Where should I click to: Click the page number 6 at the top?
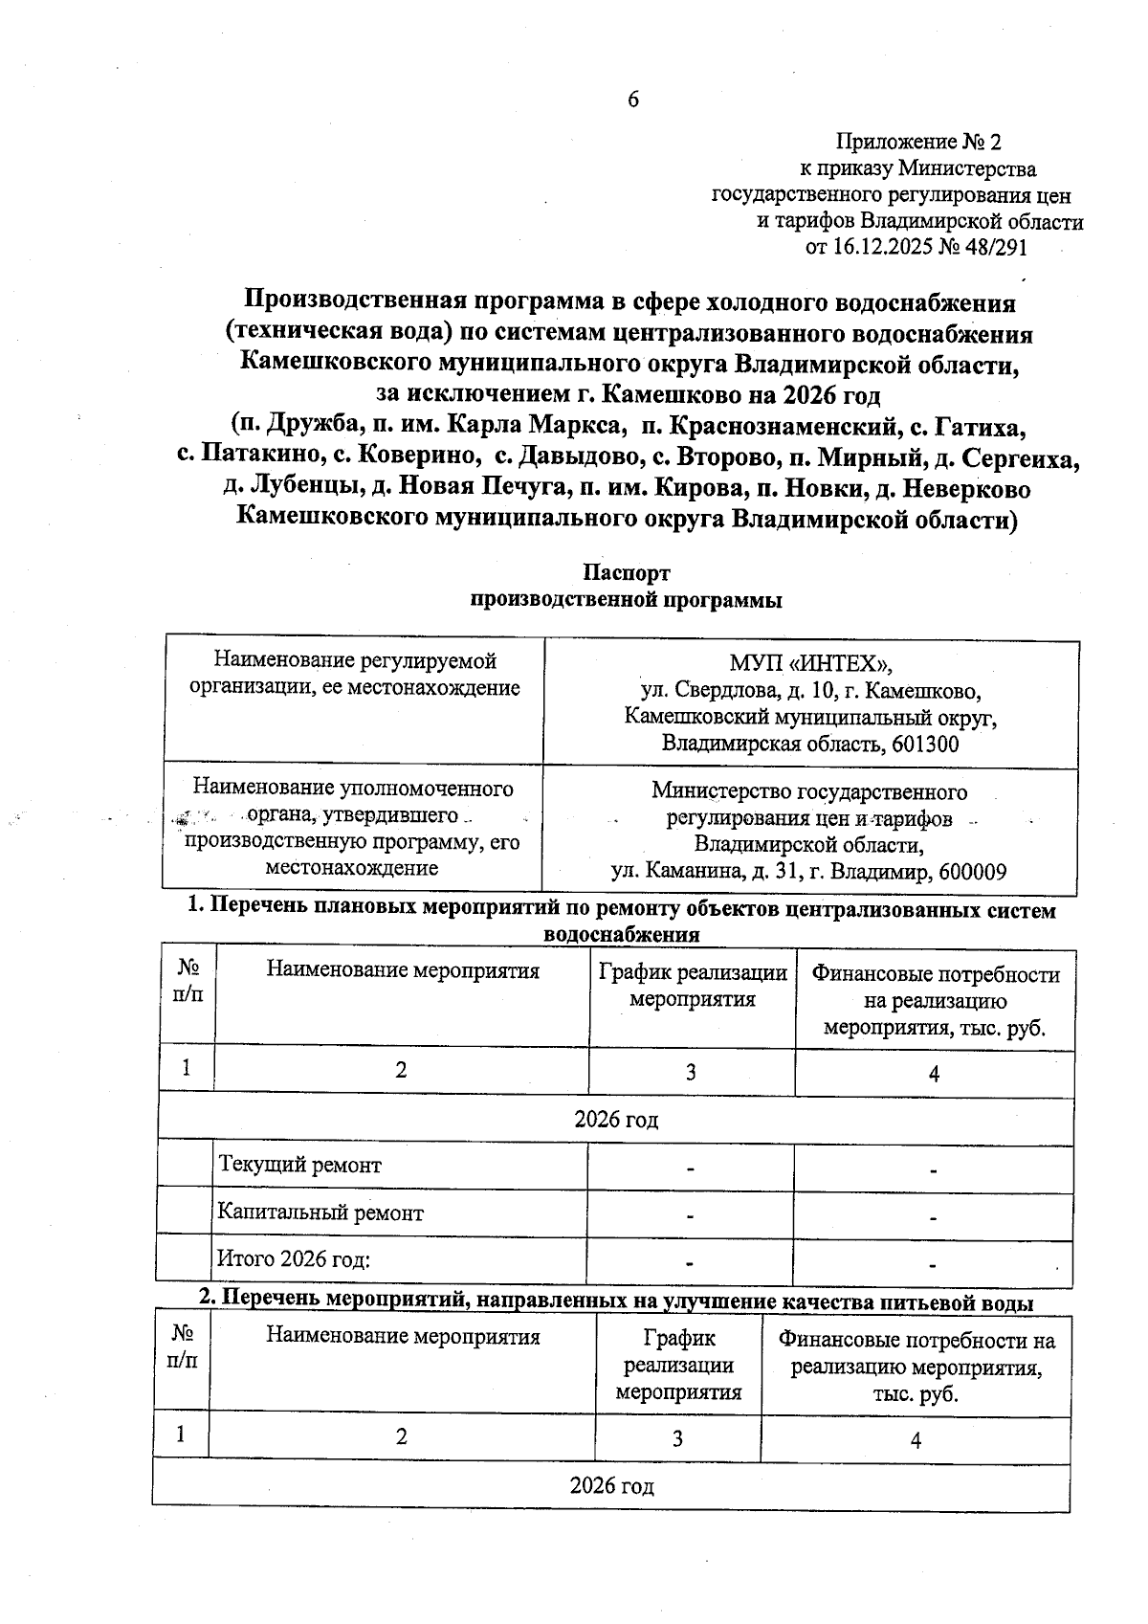point(632,100)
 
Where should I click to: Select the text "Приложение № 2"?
point(918,143)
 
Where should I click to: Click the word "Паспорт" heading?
point(627,573)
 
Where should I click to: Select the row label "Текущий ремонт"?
point(300,1166)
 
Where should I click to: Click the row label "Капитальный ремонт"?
point(320,1213)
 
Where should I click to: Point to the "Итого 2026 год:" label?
point(295,1258)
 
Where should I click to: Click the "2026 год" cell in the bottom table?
point(612,1486)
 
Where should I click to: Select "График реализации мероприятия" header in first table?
point(693,987)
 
